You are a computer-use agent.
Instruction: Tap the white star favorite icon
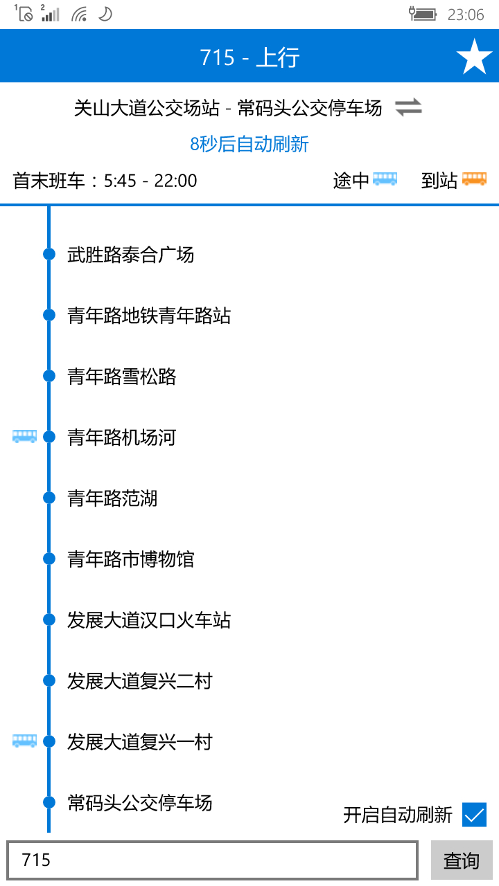pos(474,57)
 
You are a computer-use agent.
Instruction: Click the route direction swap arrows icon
pos(408,108)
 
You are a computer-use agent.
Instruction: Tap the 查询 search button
pos(462,860)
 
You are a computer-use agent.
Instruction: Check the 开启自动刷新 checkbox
pos(475,815)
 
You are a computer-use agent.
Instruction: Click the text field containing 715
pos(212,860)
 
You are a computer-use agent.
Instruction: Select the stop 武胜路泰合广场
pos(130,255)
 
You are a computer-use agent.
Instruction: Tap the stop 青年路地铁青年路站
pos(148,316)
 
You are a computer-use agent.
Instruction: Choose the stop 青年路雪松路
pos(122,377)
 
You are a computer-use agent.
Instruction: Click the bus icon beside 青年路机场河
pos(24,437)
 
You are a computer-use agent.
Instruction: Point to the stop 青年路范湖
pos(112,498)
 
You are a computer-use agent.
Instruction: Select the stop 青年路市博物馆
pos(130,559)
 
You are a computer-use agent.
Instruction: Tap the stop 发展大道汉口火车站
pos(148,620)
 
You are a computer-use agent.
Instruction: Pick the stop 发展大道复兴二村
pos(139,681)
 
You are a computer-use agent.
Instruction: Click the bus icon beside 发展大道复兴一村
pos(24,741)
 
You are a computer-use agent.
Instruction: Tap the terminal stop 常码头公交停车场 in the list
pos(139,803)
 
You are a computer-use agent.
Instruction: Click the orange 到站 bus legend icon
pos(474,179)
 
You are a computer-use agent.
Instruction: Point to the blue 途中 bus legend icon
pos(385,179)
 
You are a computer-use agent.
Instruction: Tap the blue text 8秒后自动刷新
pos(249,144)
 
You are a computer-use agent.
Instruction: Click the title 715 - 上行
pos(249,57)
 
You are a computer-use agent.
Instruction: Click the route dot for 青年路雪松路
pos(49,376)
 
